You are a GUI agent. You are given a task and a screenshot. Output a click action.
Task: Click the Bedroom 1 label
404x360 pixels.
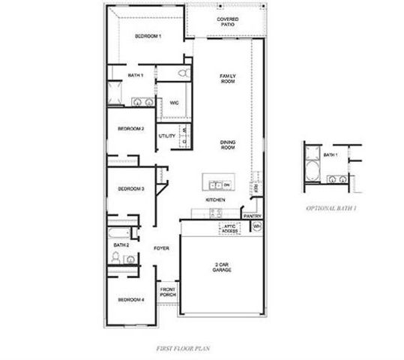(148, 35)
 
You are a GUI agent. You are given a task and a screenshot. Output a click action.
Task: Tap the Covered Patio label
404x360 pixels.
(228, 22)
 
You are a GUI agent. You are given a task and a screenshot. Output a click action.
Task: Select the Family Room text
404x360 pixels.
(228, 79)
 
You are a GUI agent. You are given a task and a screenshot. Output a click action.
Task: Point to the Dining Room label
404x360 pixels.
(228, 145)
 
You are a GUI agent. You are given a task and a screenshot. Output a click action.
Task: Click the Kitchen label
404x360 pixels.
(216, 200)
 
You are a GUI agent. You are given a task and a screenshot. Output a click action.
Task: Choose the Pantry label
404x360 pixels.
(252, 216)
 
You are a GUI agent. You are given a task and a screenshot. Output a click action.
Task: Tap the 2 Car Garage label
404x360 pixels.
(222, 266)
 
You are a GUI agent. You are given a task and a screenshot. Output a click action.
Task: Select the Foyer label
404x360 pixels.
(161, 247)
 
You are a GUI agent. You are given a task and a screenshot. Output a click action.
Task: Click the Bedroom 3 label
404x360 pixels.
(131, 188)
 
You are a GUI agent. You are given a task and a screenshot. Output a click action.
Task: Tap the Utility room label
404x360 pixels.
(166, 136)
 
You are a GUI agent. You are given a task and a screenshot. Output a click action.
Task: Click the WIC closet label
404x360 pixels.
(173, 103)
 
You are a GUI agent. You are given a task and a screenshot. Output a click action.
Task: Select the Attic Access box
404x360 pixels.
(229, 228)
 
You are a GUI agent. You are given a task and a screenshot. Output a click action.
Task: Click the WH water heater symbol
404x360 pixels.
(256, 226)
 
